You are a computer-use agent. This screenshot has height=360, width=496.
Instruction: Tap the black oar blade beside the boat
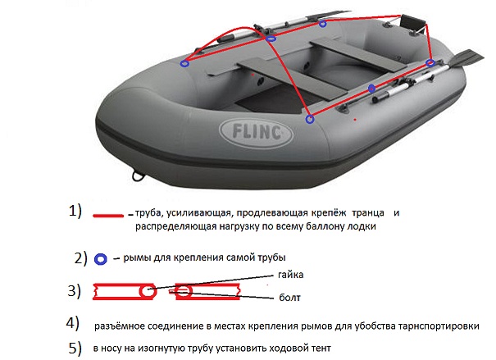pos(466,59)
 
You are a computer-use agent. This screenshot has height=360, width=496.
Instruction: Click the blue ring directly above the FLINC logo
pos(309,119)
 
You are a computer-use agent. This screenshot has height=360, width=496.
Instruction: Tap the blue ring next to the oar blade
pos(430,62)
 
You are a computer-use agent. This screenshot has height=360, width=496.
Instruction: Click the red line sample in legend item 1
pos(109,215)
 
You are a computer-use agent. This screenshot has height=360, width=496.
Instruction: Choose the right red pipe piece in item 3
pos(209,290)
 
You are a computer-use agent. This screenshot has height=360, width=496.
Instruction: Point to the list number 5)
pos(75,347)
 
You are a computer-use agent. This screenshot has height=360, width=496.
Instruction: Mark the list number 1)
pos(76,210)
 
